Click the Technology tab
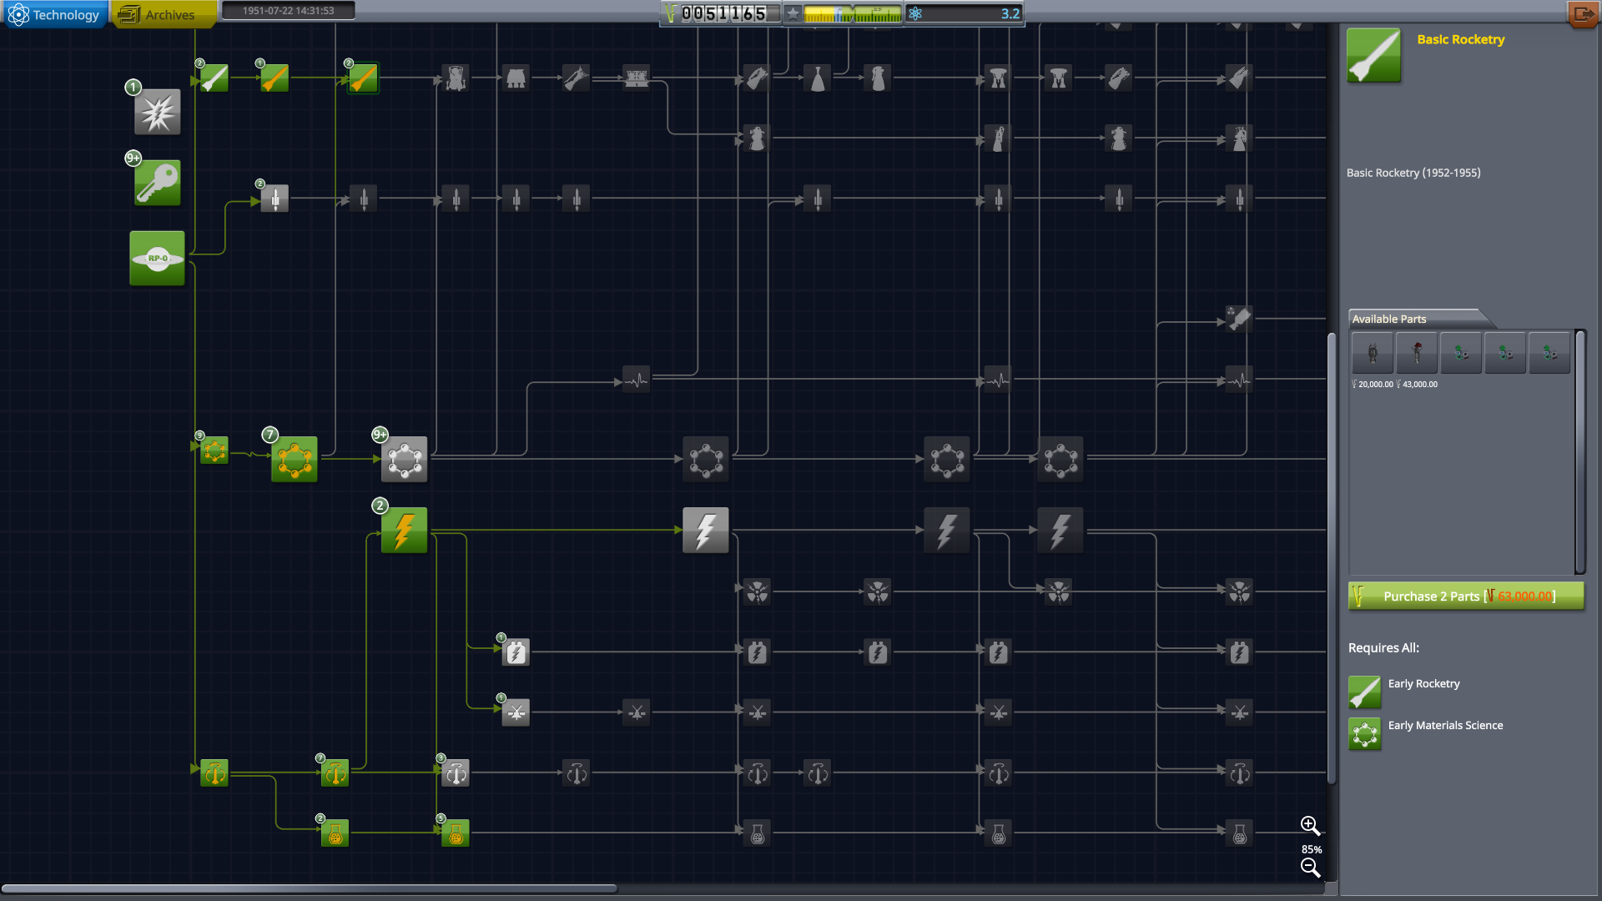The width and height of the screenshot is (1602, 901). [x=55, y=14]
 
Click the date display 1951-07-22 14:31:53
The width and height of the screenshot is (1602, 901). [x=288, y=11]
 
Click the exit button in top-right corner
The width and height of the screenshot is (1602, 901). [x=1582, y=13]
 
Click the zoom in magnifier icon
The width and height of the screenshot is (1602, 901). [x=1310, y=826]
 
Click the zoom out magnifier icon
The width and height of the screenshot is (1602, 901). [x=1310, y=868]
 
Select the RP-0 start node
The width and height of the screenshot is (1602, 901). [x=157, y=259]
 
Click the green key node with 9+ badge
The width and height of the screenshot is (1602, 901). [x=157, y=183]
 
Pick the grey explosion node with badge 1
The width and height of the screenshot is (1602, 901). [x=157, y=112]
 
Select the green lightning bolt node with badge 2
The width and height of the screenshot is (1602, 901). [x=404, y=530]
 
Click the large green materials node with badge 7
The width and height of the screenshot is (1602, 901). [x=294, y=459]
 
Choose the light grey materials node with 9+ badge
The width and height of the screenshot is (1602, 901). [x=404, y=459]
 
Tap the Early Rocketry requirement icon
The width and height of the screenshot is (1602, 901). [x=1364, y=692]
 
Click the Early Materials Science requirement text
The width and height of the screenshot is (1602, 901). [x=1445, y=726]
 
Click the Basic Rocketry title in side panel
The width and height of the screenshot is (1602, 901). [x=1460, y=39]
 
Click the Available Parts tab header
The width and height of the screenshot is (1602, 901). [x=1389, y=319]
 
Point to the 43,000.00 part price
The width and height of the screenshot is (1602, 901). [x=1419, y=385]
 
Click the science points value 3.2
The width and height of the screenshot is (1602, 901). [x=1010, y=13]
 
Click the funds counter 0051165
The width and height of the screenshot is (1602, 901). [x=723, y=13]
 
